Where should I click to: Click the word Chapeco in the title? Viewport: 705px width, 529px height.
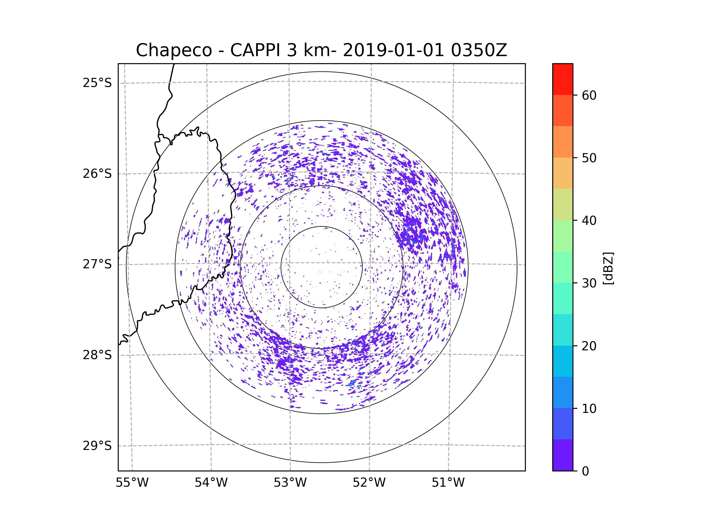coord(174,50)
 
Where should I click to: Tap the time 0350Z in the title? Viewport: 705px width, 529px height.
coord(479,50)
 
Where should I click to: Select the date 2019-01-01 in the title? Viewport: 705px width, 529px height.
coord(393,50)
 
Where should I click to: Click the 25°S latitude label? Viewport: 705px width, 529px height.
coord(97,83)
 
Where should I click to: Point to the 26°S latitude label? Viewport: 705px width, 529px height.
coord(97,174)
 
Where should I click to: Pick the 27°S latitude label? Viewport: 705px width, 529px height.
coord(97,264)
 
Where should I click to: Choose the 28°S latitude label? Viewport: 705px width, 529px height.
coord(97,355)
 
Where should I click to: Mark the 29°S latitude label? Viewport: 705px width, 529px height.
coord(97,446)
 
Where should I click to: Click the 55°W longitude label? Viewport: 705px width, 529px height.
coord(132,483)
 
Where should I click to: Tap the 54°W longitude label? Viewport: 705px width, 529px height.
coord(211,483)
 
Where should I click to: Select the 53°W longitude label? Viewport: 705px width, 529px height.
coord(290,483)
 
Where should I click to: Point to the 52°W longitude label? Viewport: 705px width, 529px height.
coord(369,483)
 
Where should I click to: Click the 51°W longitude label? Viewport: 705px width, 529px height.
coord(448,483)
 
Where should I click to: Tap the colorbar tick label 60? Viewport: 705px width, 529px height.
coord(589,95)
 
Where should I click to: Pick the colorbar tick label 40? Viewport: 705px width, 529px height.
coord(589,221)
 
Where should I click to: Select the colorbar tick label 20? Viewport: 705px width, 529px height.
coord(589,346)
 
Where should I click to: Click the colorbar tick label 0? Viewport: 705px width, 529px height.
coord(585,471)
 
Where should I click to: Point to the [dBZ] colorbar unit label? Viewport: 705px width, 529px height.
coord(608,268)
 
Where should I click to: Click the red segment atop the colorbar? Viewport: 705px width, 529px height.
coord(563,79)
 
